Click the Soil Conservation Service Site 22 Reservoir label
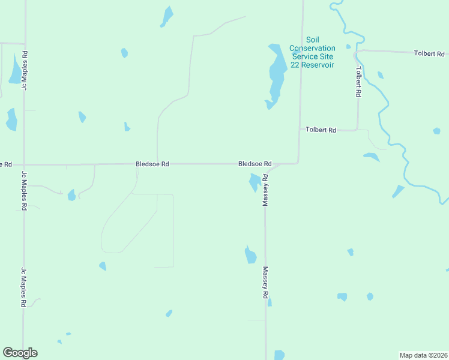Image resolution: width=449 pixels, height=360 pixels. tap(312, 52)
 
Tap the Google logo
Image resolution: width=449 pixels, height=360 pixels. tap(20, 353)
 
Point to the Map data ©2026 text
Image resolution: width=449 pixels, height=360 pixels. tap(423, 355)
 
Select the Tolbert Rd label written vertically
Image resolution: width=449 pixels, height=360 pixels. tap(358, 82)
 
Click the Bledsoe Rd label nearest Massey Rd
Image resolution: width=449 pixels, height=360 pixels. tap(255, 164)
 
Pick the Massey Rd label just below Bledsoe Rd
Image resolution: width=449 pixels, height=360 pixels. tap(265, 191)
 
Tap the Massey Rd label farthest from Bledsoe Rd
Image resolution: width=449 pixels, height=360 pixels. tap(265, 283)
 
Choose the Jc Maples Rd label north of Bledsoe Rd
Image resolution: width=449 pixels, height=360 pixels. tap(25, 71)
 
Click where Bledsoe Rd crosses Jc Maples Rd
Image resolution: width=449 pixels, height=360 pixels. tap(24, 164)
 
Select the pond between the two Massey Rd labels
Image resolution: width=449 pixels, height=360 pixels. tap(250, 255)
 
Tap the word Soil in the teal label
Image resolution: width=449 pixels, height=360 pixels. tap(312, 40)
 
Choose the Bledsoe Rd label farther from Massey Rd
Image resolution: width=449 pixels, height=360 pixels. tap(152, 164)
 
